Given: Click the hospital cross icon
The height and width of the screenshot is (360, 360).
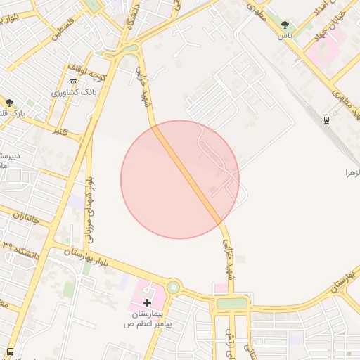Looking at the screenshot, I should (x=147, y=302).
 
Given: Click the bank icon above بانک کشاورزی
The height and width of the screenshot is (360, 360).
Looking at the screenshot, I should (x=73, y=82).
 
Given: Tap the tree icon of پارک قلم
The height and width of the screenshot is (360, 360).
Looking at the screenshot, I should (x=9, y=103).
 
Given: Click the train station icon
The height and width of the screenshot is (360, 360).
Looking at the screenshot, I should (x=326, y=120).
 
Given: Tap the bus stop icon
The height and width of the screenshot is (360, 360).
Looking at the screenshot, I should (x=10, y=352).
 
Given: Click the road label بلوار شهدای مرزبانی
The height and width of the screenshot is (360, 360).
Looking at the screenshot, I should (x=89, y=200).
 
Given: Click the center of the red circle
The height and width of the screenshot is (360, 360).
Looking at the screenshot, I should (x=180, y=179).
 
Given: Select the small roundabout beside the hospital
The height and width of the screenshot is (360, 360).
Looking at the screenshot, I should (x=173, y=287).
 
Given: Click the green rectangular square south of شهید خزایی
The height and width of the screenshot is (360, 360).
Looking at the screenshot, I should (x=232, y=304).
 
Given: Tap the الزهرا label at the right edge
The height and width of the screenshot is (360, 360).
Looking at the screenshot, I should (x=351, y=172).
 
